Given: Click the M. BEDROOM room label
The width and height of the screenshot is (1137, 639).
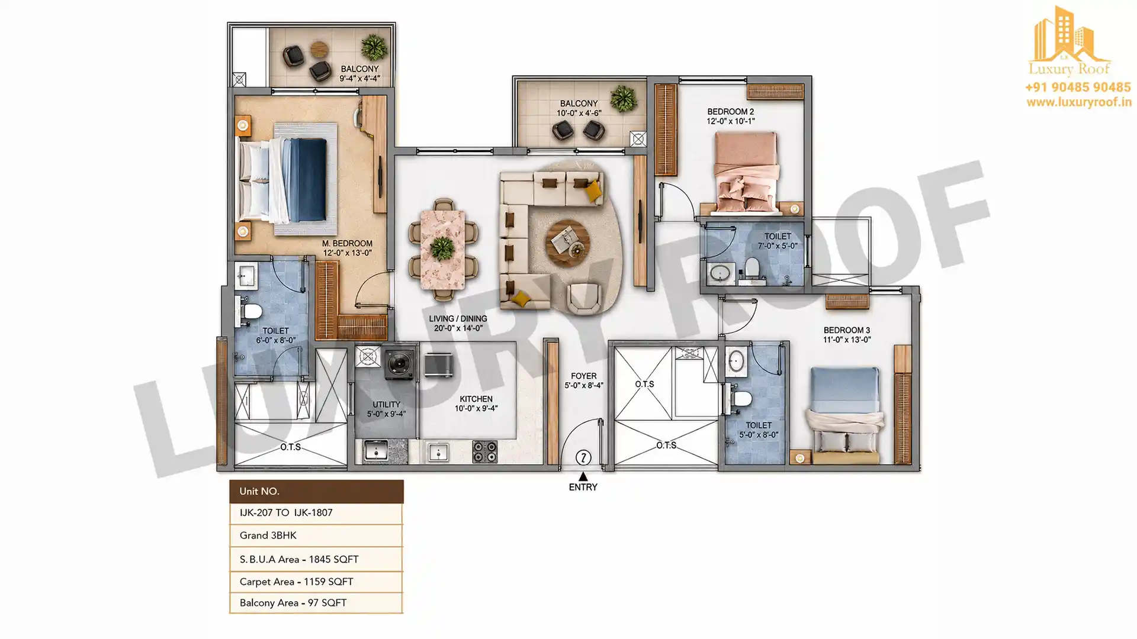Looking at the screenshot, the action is pyautogui.click(x=347, y=243).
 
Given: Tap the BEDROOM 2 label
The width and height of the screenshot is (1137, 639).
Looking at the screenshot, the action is pyautogui.click(x=730, y=112).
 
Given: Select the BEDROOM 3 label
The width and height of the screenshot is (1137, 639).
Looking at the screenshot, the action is pyautogui.click(x=846, y=330).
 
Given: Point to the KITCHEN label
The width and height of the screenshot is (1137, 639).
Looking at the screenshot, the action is pyautogui.click(x=476, y=399).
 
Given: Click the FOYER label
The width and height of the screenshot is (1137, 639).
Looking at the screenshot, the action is pyautogui.click(x=583, y=376).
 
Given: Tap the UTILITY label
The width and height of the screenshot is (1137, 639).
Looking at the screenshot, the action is pyautogui.click(x=386, y=405).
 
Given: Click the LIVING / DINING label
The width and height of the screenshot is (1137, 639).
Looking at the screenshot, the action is pyautogui.click(x=458, y=318).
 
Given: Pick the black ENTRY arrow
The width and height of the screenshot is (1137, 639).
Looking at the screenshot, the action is pyautogui.click(x=583, y=476).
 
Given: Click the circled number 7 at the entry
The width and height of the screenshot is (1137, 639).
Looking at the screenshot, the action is pyautogui.click(x=583, y=457).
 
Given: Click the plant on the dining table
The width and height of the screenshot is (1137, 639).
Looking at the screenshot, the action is pyautogui.click(x=442, y=248).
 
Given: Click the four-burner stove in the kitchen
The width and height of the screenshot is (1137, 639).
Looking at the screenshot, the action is pyautogui.click(x=484, y=452).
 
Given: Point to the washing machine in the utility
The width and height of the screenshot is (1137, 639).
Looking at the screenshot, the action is pyautogui.click(x=400, y=363).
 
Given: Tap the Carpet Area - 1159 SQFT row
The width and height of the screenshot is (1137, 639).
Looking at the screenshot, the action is pyautogui.click(x=316, y=582).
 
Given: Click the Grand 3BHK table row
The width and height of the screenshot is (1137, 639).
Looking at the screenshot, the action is pyautogui.click(x=316, y=535).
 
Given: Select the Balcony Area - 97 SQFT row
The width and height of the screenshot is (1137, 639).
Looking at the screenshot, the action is pyautogui.click(x=316, y=603).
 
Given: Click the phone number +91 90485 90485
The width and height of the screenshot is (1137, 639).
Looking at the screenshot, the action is pyautogui.click(x=1078, y=88).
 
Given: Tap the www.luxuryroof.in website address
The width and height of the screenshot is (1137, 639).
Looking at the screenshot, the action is pyautogui.click(x=1079, y=102).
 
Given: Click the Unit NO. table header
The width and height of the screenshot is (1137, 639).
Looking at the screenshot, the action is pyautogui.click(x=316, y=491).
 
